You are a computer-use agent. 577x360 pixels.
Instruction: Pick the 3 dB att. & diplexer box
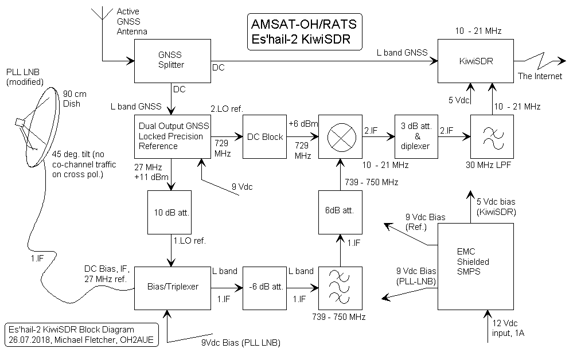pyautogui.click(x=417, y=136)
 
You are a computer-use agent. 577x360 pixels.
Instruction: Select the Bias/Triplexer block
pyautogui.click(x=171, y=286)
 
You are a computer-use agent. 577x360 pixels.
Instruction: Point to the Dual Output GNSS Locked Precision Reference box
pyautogui.click(x=171, y=137)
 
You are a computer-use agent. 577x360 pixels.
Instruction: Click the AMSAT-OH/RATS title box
pyautogui.click(x=304, y=32)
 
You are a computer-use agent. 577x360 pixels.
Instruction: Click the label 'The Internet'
pyautogui.click(x=540, y=76)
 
